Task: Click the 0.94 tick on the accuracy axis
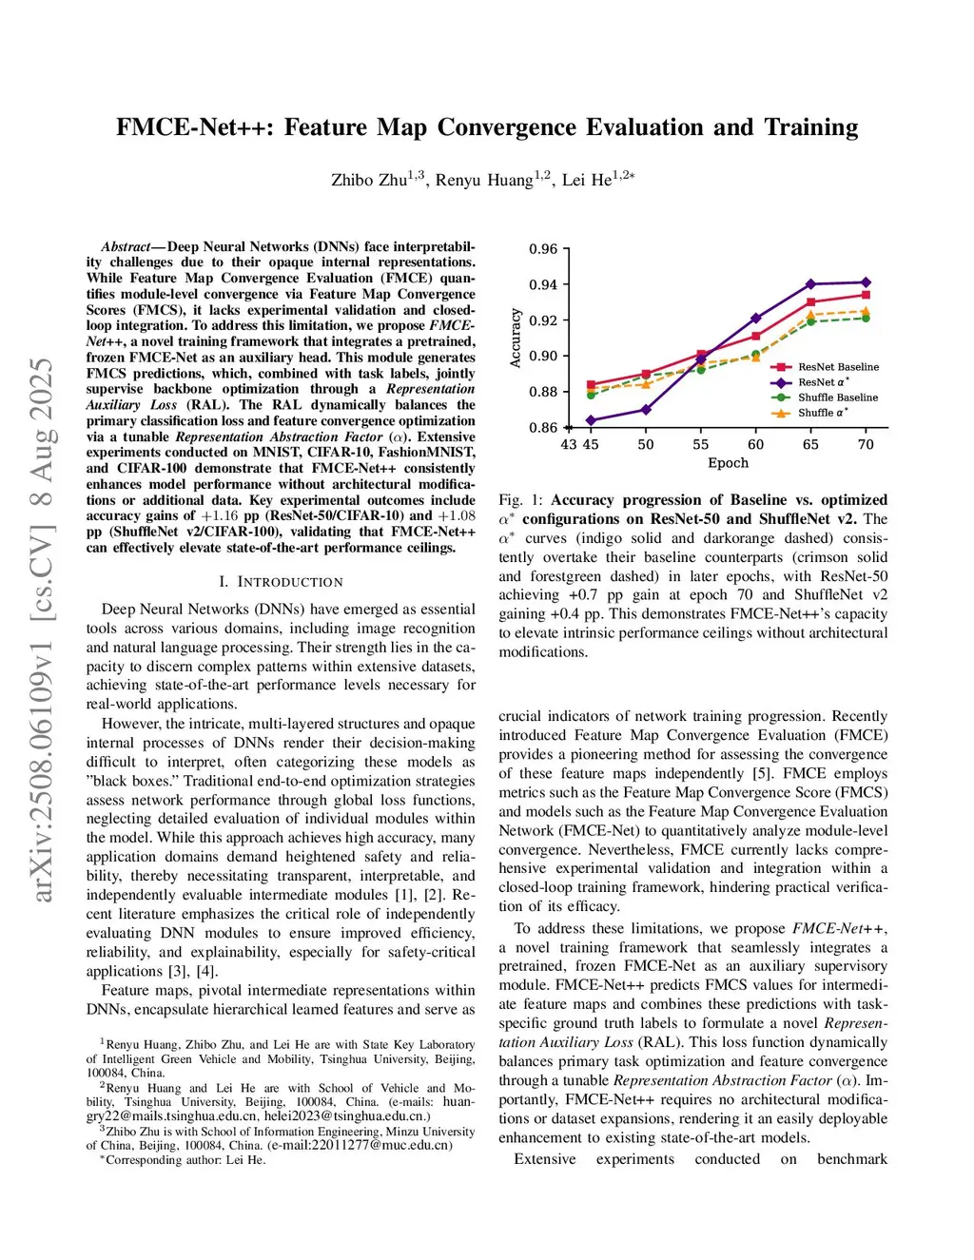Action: pos(543,284)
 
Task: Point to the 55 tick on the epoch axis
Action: pos(701,444)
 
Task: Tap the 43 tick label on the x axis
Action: pos(569,444)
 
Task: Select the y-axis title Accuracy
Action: pos(516,338)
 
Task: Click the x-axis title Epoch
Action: pos(728,463)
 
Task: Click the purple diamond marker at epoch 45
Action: pos(591,419)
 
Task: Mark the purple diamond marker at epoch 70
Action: pos(866,281)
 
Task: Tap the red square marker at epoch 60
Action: pos(756,336)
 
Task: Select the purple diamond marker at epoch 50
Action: pos(646,410)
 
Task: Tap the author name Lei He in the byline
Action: pos(587,180)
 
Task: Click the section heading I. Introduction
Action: pos(281,582)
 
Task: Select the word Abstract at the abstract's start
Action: pos(126,246)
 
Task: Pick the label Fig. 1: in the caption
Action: pos(521,500)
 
